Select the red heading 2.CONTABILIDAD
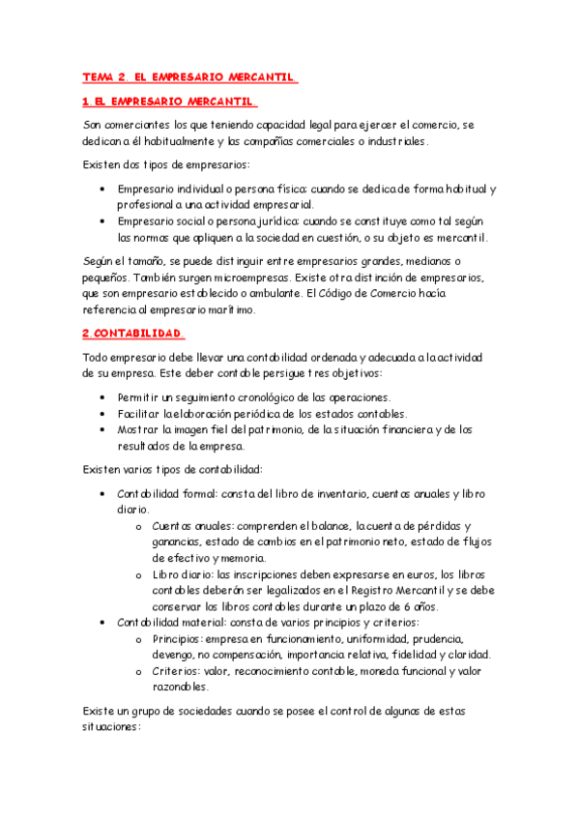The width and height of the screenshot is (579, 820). [x=132, y=334]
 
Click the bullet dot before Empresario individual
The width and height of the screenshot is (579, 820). [x=103, y=189]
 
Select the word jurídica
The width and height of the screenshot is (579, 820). [x=274, y=221]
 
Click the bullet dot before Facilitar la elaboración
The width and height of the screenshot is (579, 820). [x=103, y=413]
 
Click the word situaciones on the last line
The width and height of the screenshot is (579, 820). [x=112, y=727]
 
